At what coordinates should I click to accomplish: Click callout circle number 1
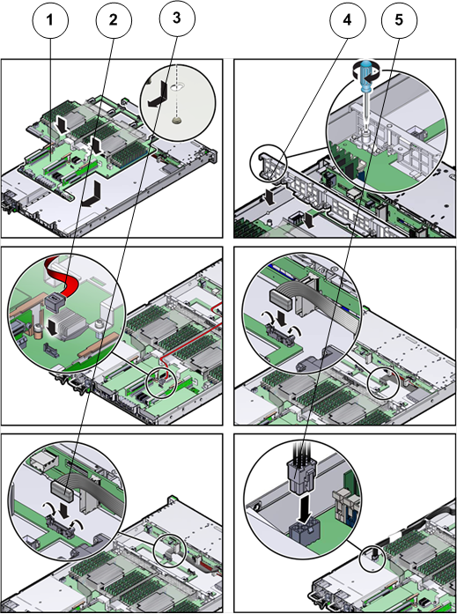(x=50, y=20)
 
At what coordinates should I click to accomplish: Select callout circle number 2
(x=114, y=20)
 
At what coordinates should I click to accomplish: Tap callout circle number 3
(x=177, y=18)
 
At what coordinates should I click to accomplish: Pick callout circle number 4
(x=348, y=20)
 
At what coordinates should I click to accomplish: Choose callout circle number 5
(x=399, y=20)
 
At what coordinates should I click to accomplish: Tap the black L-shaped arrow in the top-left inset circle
(x=156, y=93)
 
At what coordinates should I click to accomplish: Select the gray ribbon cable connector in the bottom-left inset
(x=63, y=491)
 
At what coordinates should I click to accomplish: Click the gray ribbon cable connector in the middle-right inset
(x=282, y=300)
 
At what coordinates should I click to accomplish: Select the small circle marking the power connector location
(x=372, y=558)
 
